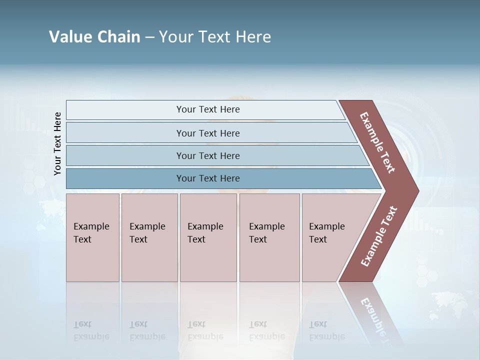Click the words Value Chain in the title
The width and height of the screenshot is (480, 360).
coord(94,37)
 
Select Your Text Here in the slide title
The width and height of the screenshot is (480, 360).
coord(215,37)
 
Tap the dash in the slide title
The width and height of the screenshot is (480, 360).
coord(149,37)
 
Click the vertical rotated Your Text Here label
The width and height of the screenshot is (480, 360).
coord(57,144)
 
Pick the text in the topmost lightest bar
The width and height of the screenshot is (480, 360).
coord(208,109)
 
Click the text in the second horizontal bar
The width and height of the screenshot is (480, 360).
coord(208,133)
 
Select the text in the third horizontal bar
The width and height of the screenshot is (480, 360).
coord(208,156)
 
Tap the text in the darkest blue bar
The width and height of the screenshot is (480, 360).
coord(208,178)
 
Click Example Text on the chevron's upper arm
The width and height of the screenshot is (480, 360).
coord(377,142)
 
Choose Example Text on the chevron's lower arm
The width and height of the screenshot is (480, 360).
coord(379,236)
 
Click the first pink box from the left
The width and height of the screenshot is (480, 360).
coord(92,237)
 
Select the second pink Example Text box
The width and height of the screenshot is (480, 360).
coord(149,237)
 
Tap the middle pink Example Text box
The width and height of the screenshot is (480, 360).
coord(208,237)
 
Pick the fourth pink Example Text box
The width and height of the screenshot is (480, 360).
coord(269,237)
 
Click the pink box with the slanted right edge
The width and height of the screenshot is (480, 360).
coord(330,237)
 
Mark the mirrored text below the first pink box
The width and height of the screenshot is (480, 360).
coord(91,331)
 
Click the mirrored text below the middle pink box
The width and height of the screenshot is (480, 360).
coord(205,331)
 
